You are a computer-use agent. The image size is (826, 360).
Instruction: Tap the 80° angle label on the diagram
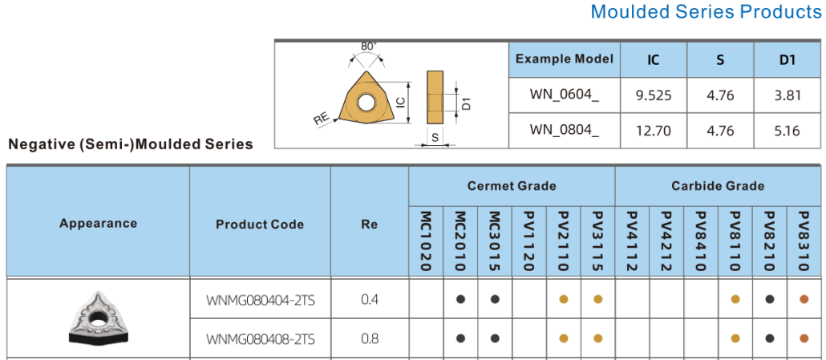pyautogui.click(x=369, y=47)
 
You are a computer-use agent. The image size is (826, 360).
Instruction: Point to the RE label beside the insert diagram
pyautogui.click(x=322, y=119)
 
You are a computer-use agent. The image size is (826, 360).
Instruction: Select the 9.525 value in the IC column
pyautogui.click(x=654, y=95)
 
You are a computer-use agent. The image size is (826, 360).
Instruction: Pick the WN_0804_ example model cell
pyautogui.click(x=565, y=129)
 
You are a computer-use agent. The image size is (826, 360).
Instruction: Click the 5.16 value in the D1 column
pyautogui.click(x=788, y=129)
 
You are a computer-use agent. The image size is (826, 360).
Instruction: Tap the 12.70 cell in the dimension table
pyautogui.click(x=654, y=129)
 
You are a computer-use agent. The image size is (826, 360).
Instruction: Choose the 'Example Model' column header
pyautogui.click(x=565, y=59)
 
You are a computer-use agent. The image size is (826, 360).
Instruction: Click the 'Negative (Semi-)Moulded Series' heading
pyautogui.click(x=130, y=144)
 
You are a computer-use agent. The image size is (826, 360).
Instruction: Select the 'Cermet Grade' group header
pyautogui.click(x=512, y=185)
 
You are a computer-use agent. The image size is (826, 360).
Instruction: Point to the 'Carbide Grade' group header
pyautogui.click(x=718, y=185)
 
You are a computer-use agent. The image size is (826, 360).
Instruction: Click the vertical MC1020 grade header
pyautogui.click(x=426, y=241)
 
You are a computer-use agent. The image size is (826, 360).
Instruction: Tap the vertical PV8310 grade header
pyautogui.click(x=804, y=241)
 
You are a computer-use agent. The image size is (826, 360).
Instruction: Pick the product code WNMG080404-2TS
pyautogui.click(x=261, y=300)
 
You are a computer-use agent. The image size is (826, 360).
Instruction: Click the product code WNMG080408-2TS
pyautogui.click(x=261, y=339)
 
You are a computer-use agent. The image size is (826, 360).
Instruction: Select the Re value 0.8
pyautogui.click(x=369, y=338)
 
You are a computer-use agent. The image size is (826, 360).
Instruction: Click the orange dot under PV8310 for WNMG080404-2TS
pyautogui.click(x=804, y=300)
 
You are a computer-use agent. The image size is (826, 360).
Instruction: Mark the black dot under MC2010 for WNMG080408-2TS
pyautogui.click(x=460, y=338)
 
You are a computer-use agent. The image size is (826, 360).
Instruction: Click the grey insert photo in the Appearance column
pyautogui.click(x=98, y=319)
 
